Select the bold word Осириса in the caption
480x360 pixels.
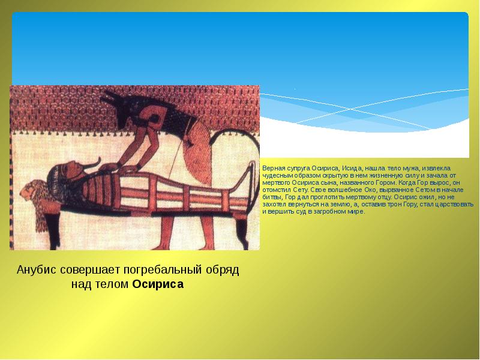click(158, 284)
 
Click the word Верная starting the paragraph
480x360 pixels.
click(271, 168)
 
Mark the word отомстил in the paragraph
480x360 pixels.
click(274, 190)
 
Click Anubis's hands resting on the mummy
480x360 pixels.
click(121, 168)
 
